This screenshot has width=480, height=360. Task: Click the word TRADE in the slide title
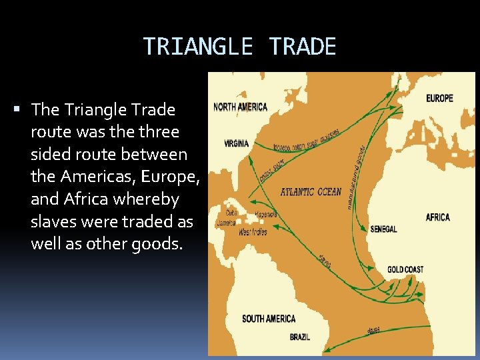tap(303, 47)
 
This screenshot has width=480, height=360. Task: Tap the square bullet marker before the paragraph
tap(23, 109)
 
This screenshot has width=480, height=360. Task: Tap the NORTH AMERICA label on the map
tap(240, 107)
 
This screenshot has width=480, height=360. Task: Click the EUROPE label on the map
tap(439, 98)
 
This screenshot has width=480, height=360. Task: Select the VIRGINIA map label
tap(237, 143)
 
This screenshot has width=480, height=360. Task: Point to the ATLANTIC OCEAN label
tap(311, 192)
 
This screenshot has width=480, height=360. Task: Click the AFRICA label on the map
tap(437, 217)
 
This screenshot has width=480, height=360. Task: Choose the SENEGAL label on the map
tap(383, 229)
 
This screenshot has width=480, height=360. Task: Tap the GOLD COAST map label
tap(405, 270)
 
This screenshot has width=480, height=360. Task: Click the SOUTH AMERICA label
tap(269, 319)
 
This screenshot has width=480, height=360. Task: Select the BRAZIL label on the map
tap(299, 337)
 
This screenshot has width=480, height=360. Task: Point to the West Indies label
tap(253, 232)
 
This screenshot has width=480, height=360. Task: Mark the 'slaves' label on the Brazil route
tap(374, 331)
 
